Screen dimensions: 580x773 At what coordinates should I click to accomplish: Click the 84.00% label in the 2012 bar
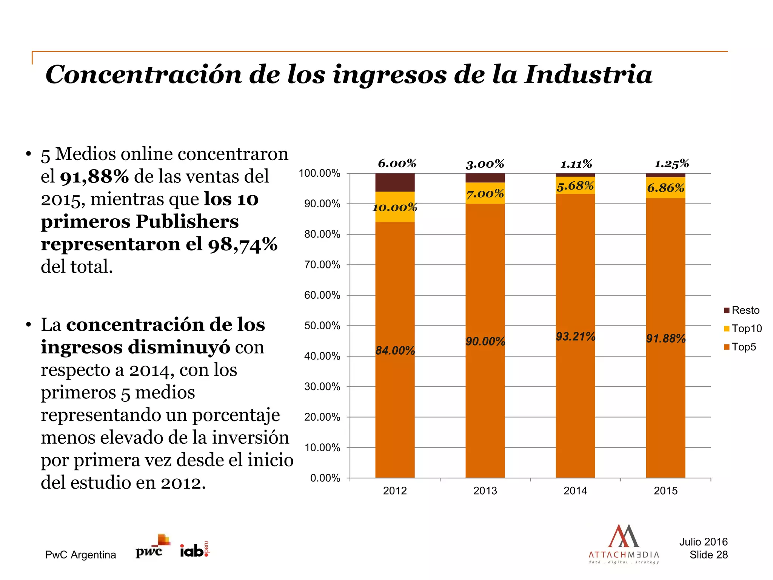395,350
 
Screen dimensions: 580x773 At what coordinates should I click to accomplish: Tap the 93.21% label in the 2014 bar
575,336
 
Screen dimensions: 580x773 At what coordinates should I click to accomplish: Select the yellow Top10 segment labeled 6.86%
665,188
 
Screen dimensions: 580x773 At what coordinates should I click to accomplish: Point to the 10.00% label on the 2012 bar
395,207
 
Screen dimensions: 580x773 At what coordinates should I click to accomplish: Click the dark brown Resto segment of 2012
395,183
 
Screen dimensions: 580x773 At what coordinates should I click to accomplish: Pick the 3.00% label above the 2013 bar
485,164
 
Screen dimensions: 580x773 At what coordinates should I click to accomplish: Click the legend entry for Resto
742,310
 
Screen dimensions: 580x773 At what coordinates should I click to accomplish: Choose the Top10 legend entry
743,329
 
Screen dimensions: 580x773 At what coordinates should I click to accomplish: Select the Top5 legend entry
740,347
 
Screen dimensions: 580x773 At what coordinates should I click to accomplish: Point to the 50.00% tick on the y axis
322,325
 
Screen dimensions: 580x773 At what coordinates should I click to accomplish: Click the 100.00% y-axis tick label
319,173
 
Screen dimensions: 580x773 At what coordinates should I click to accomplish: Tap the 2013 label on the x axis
485,491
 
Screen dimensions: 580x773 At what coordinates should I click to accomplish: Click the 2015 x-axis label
665,491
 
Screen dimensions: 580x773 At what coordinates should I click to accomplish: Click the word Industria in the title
588,74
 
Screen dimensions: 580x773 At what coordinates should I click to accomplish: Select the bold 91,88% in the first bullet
94,177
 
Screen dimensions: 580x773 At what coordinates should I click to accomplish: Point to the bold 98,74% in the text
242,244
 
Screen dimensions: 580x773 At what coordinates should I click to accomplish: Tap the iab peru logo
194,550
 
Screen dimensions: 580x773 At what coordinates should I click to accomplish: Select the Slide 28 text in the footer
708,555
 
